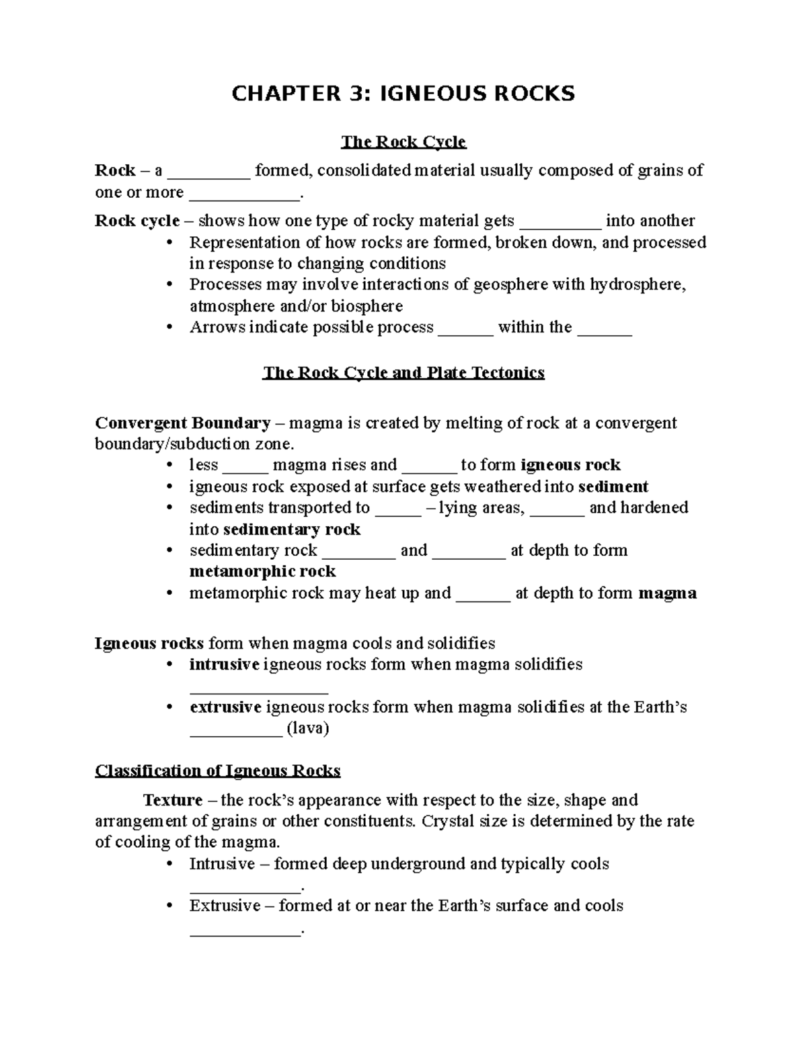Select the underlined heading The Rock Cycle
coord(403,142)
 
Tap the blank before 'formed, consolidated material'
coord(208,172)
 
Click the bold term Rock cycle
coord(137,221)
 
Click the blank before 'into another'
coord(561,223)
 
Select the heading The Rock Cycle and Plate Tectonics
coord(403,373)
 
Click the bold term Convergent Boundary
coord(182,423)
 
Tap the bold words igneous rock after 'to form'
coord(570,466)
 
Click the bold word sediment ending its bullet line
coord(613,487)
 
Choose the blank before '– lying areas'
coord(397,509)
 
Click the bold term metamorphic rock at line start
coord(262,572)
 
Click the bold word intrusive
coord(224,665)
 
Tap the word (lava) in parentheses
coord(307,729)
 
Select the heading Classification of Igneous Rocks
coord(218,771)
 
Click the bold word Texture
coord(172,801)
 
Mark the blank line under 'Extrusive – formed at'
coord(245,932)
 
